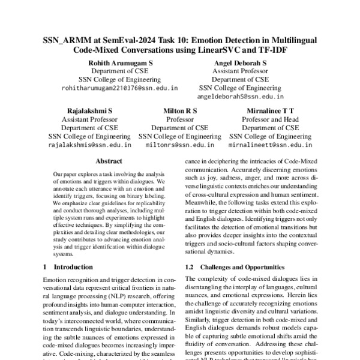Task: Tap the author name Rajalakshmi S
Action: [89, 111]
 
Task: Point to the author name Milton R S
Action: [180, 111]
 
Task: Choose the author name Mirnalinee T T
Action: [271, 111]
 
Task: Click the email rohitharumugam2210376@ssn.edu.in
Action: [119, 88]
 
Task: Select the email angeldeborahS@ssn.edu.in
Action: [240, 96]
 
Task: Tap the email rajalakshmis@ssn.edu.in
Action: [89, 145]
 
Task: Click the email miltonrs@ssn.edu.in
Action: [180, 145]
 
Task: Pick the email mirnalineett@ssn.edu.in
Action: [271, 145]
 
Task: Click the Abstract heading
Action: [109, 161]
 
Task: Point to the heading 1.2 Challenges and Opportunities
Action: [234, 266]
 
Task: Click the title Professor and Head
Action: [271, 119]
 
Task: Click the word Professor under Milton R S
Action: [180, 119]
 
